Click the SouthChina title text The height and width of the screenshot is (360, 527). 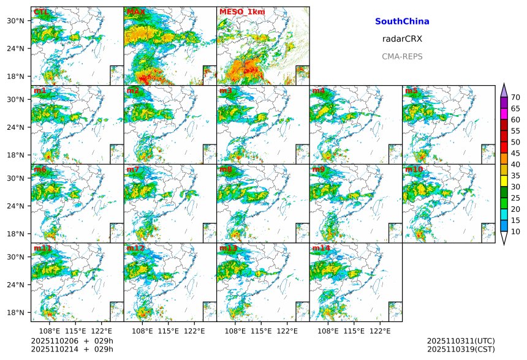(x=402, y=21)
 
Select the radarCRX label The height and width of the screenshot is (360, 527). (x=402, y=39)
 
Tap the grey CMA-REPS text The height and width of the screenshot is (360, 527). (x=402, y=56)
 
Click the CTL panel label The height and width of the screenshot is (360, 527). (x=40, y=12)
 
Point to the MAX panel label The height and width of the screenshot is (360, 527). (x=135, y=12)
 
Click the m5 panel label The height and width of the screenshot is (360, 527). (x=411, y=91)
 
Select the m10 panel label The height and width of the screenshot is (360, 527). (x=413, y=170)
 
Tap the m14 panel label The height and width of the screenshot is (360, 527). (x=320, y=248)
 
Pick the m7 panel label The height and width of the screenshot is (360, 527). (x=134, y=170)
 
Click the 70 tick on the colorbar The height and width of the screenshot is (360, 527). (x=515, y=97)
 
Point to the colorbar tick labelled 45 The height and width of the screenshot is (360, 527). (x=515, y=153)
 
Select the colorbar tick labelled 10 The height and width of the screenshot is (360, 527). (x=515, y=231)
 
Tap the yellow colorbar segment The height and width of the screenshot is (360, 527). (x=504, y=181)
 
